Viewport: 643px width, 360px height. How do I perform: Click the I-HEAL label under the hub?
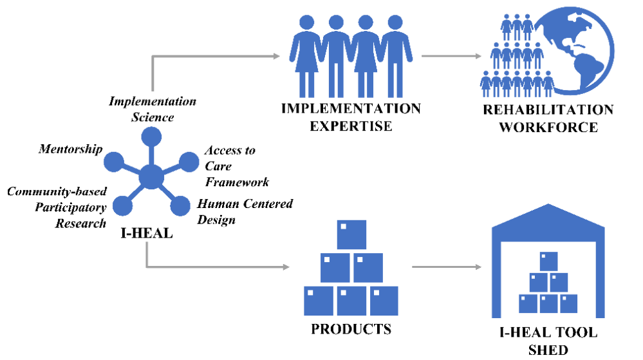click(146, 233)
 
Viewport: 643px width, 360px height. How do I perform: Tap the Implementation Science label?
click(153, 109)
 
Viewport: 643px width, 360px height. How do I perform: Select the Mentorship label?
click(70, 150)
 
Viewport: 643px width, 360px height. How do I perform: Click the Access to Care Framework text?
click(236, 166)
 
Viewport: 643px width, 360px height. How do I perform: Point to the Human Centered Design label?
click(245, 212)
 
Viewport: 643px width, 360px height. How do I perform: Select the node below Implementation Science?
click(151, 137)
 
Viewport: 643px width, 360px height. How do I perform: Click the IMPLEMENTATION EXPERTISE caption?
click(351, 117)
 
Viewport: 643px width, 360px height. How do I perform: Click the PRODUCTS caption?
click(351, 329)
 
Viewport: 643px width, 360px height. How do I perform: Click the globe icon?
click(582, 52)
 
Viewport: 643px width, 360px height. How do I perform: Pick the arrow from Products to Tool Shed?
click(446, 266)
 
